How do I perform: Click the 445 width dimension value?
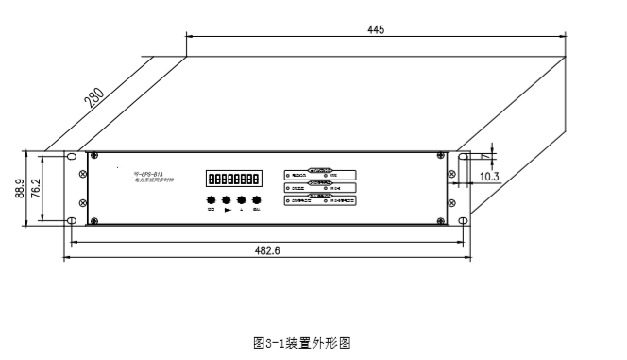click(x=375, y=29)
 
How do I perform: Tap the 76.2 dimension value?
click(x=36, y=189)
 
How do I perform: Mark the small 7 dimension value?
click(x=485, y=154)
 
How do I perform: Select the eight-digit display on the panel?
click(x=234, y=178)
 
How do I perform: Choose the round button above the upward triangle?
click(x=243, y=200)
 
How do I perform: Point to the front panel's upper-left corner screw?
click(x=92, y=155)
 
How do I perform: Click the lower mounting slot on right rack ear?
click(x=463, y=222)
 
